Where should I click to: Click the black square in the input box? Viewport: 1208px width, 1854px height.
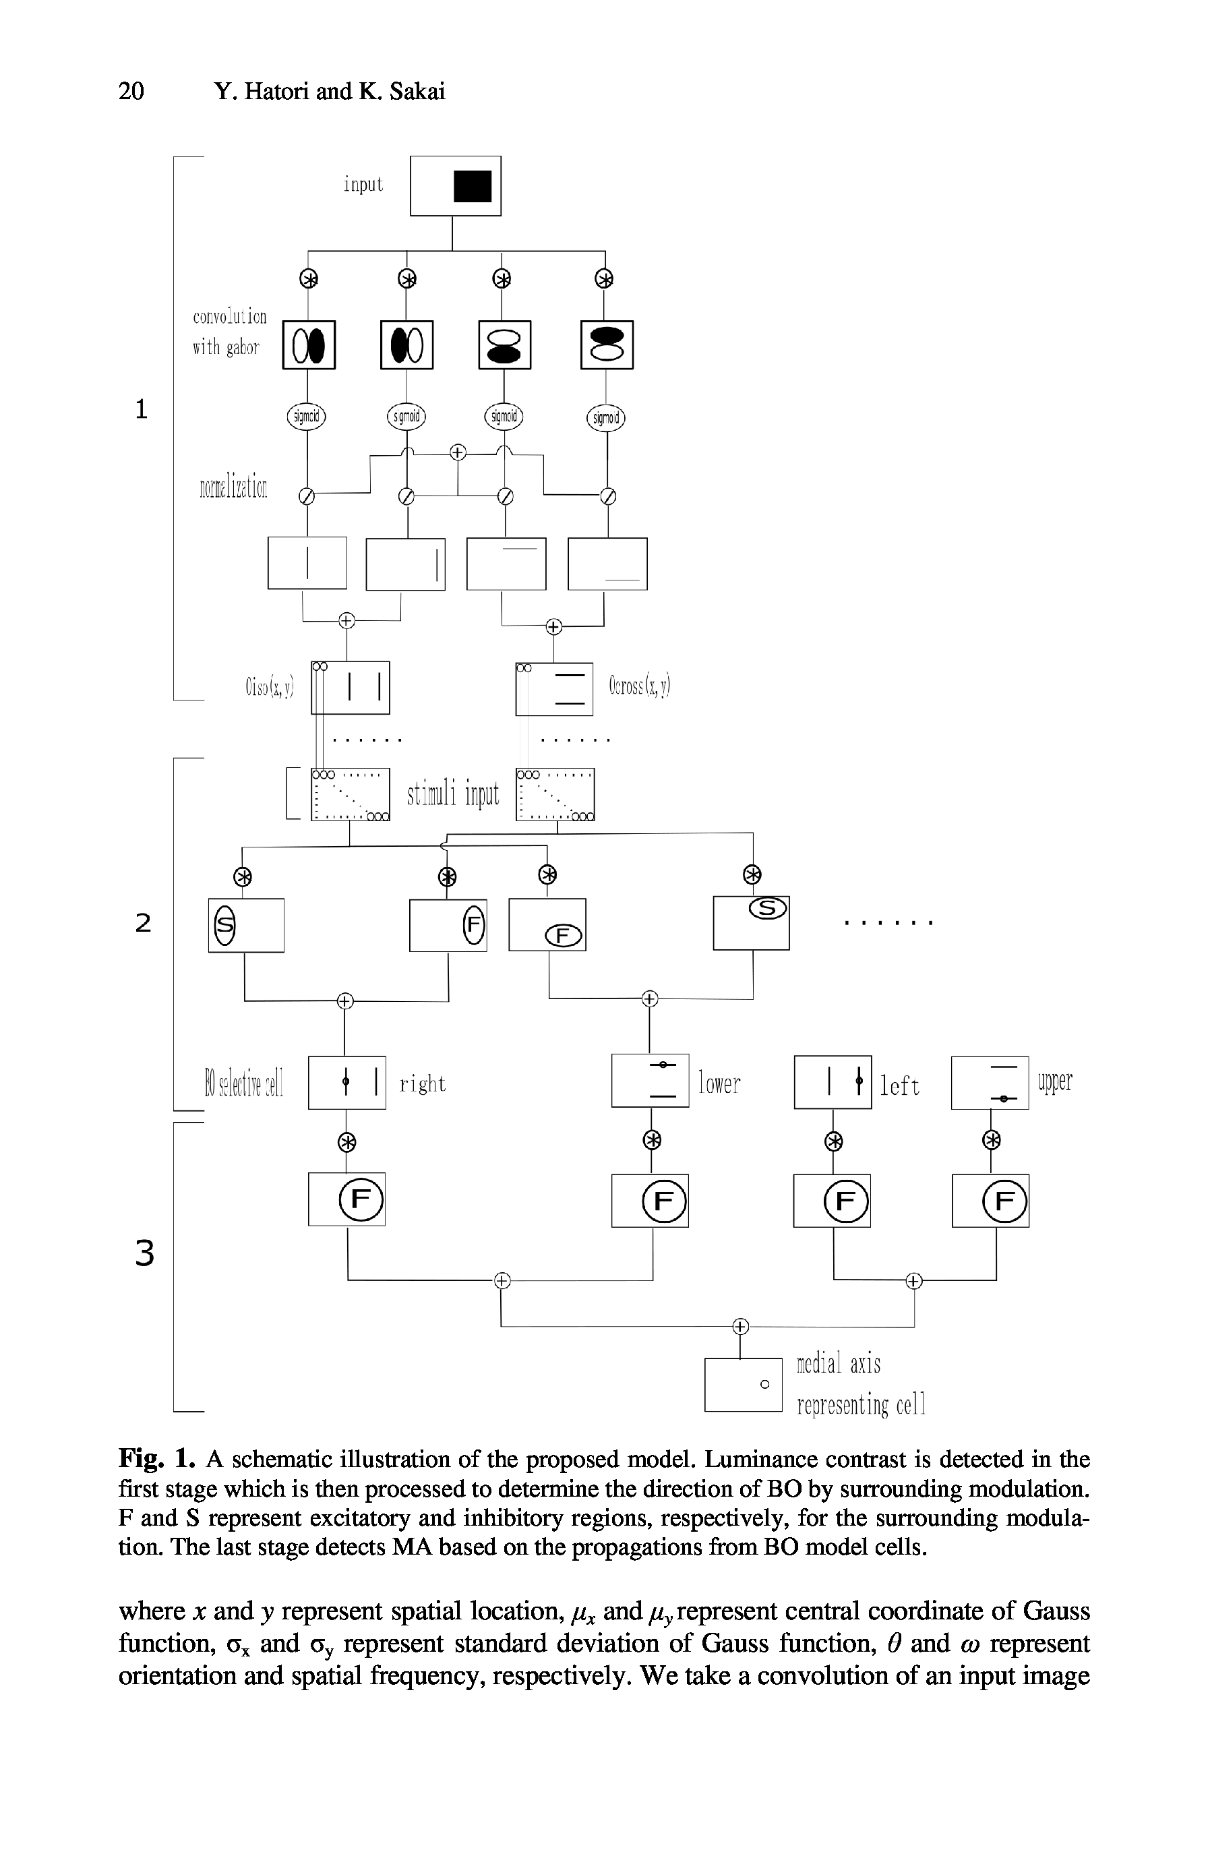coord(472,186)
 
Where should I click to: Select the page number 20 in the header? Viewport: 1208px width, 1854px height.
coord(131,91)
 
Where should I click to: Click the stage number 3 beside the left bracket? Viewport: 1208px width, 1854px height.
coord(144,1253)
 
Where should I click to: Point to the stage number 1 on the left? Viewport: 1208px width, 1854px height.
coord(141,409)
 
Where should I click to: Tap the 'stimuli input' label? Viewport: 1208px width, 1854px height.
coord(452,795)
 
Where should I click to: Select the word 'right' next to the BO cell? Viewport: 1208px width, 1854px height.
coord(422,1083)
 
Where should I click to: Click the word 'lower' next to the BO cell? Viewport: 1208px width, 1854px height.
coord(719,1083)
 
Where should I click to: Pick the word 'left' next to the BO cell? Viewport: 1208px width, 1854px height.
coord(899,1086)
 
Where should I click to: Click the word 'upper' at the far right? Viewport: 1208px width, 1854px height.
coord(1054,1081)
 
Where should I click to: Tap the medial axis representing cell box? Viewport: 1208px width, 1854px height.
coord(742,1384)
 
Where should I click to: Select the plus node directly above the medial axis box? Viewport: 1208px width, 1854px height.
coord(740,1326)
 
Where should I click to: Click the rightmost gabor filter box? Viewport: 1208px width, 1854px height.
coord(607,345)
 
